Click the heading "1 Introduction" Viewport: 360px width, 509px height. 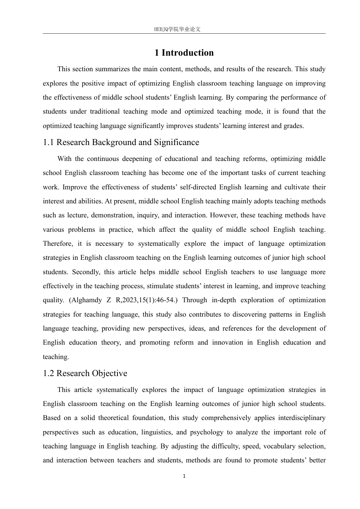point(184,53)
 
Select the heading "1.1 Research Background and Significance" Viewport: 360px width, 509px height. point(121,142)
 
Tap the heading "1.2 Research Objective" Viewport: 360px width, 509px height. point(85,373)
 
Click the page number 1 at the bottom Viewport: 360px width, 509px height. point(184,476)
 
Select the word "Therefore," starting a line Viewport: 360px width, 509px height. point(58,244)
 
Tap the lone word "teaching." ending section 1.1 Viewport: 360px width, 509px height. point(56,357)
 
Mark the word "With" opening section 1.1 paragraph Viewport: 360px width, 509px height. point(64,159)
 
